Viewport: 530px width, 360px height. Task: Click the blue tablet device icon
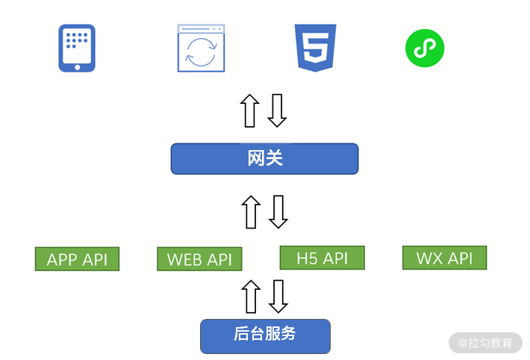tap(77, 48)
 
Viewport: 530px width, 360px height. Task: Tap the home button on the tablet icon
tap(78, 67)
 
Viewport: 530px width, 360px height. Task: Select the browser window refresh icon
tap(201, 48)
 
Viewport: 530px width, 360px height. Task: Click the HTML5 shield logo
tap(315, 48)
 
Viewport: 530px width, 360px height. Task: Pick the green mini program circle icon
tap(425, 48)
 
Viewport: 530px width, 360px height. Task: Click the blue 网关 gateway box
tap(265, 158)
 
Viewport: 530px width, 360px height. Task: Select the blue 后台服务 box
tap(265, 336)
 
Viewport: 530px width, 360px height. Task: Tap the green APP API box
tap(78, 259)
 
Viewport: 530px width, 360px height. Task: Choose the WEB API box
tap(199, 259)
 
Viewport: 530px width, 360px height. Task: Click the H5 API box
tap(322, 258)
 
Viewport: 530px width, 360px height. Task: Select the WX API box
tap(444, 258)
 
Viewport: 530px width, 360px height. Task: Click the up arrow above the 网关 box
tap(250, 111)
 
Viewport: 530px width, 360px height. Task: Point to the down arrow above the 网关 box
tap(277, 111)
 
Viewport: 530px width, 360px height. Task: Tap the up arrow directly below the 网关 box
tap(251, 212)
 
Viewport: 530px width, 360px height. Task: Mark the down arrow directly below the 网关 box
tap(278, 212)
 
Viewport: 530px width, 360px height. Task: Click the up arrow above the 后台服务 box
tap(251, 297)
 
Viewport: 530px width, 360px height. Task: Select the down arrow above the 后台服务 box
tap(278, 297)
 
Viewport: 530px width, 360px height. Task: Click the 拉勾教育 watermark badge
tap(485, 343)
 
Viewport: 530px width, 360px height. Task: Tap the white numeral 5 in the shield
tap(316, 46)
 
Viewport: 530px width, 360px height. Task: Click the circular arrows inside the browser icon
tap(202, 52)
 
